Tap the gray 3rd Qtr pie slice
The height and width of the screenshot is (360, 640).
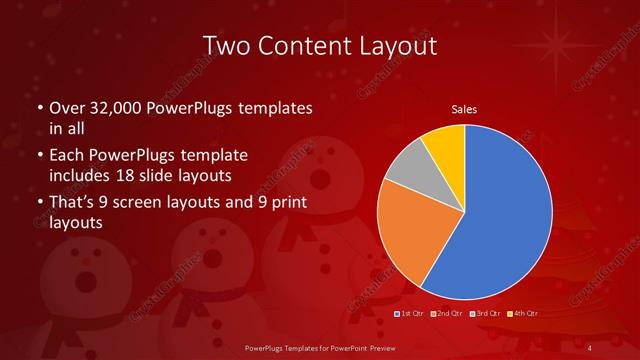404,174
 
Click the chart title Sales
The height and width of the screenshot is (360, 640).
463,109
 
